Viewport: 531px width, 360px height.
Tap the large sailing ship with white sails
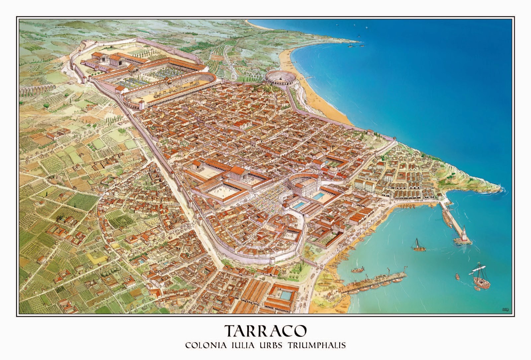coord(481,279)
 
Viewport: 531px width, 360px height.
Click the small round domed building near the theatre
coord(333,170)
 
